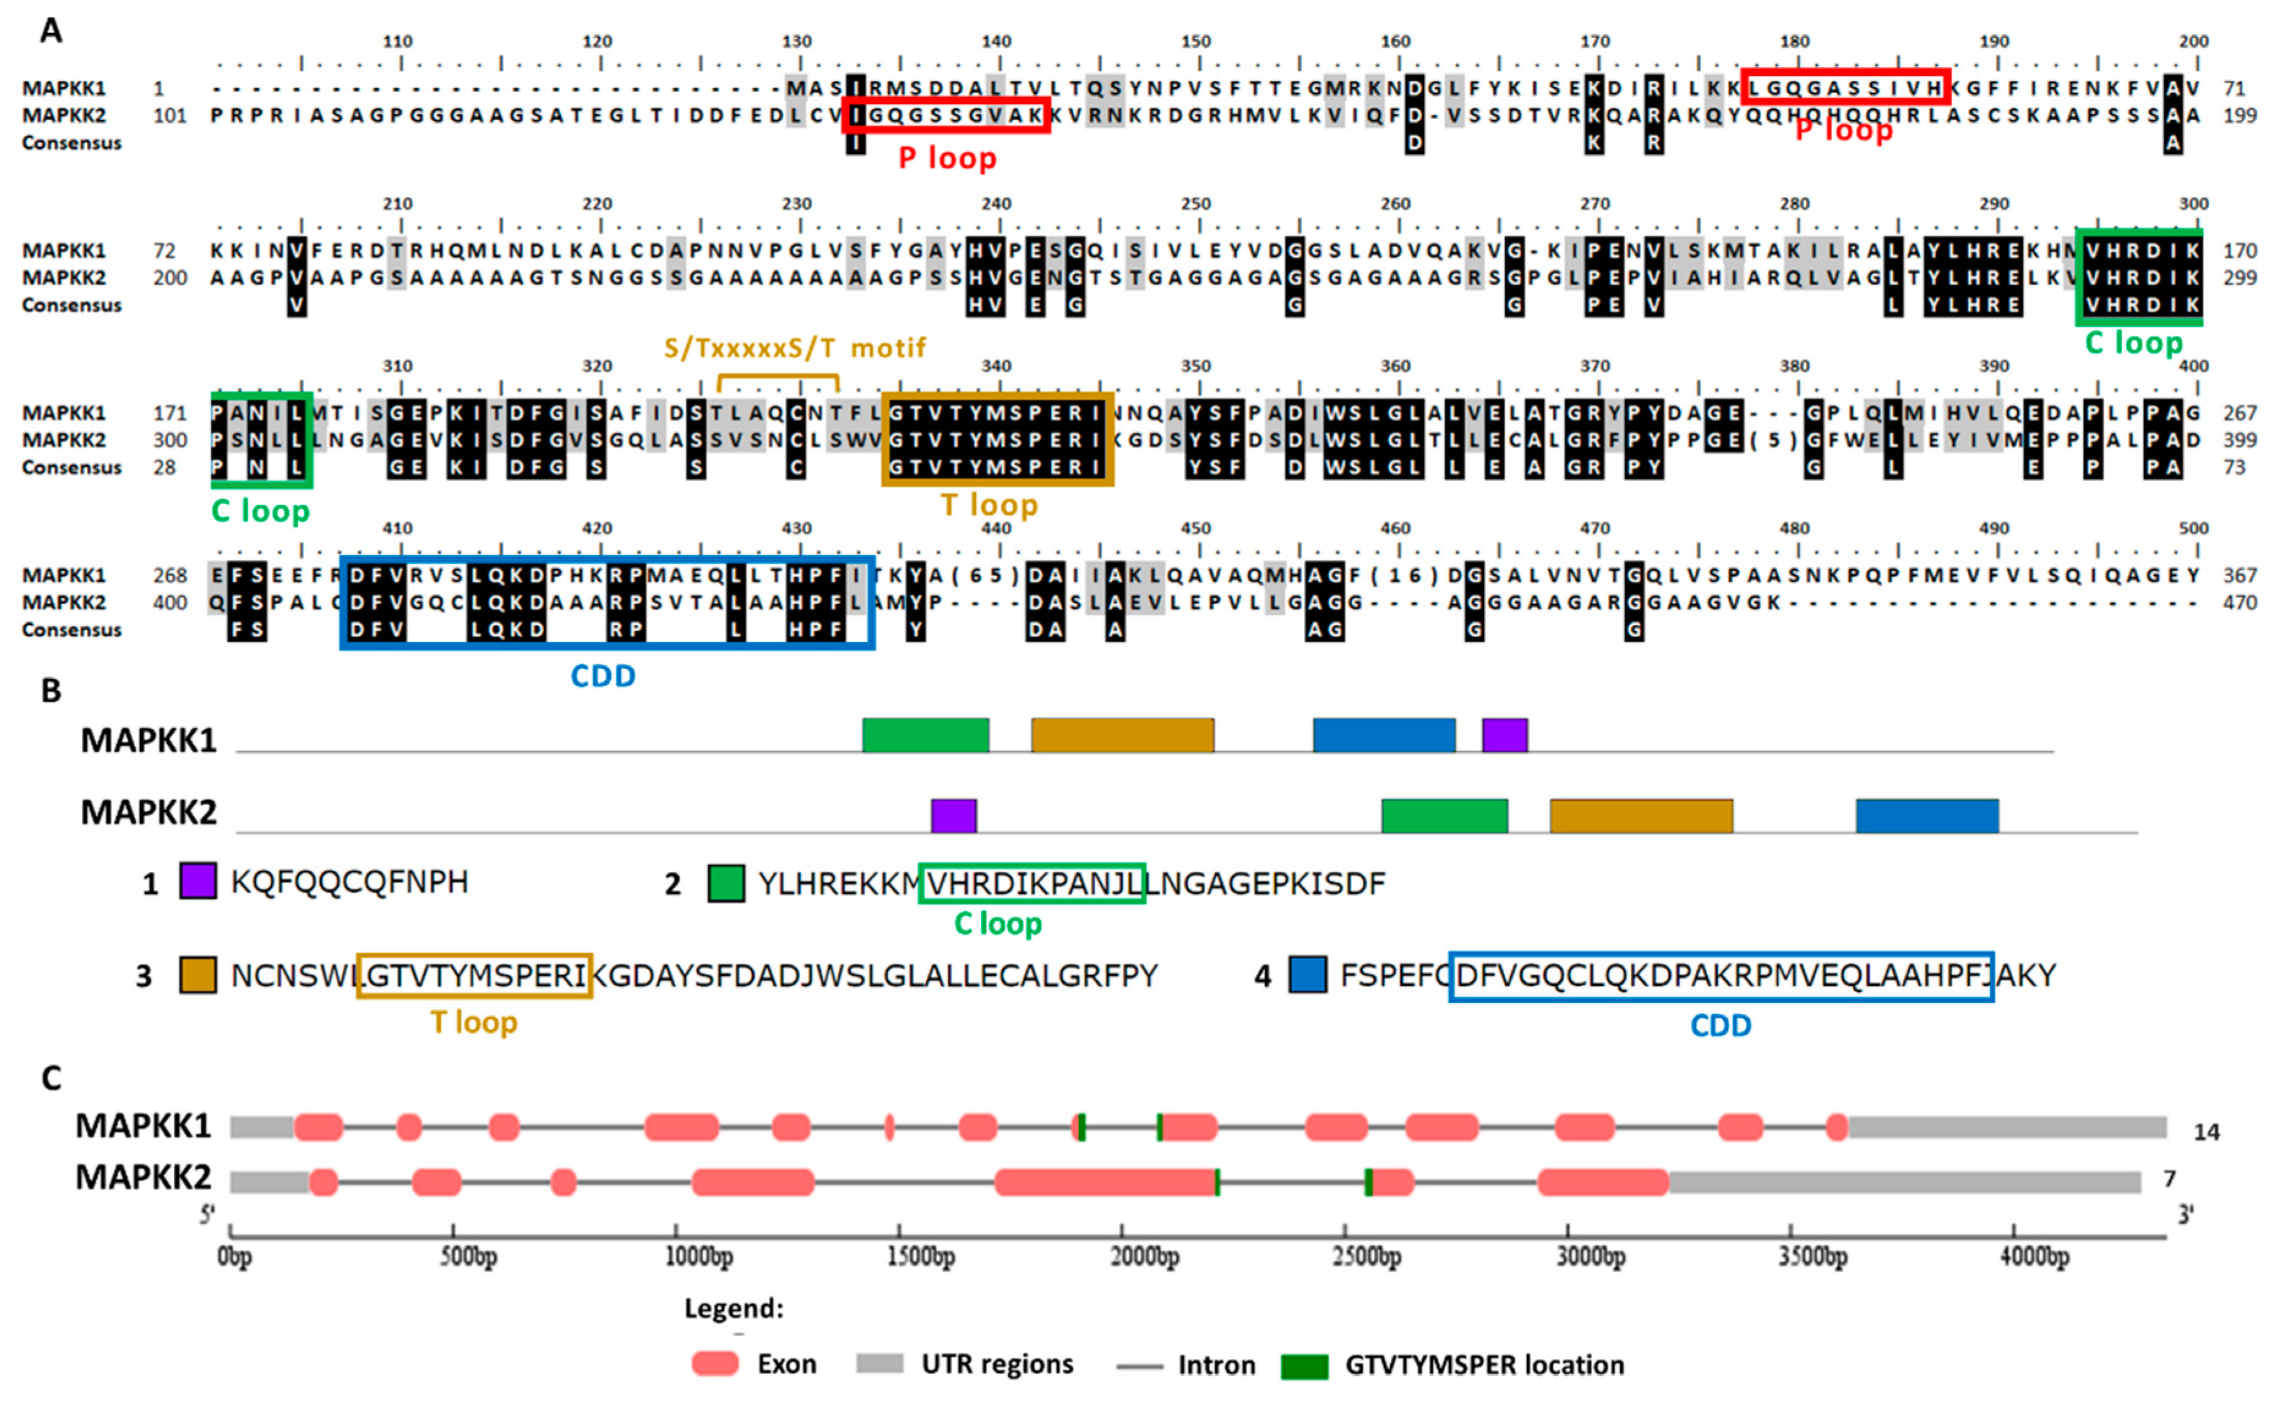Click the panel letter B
51,690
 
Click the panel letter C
51,1078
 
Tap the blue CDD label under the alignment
603,676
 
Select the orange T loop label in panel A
989,505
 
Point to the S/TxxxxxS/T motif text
794,348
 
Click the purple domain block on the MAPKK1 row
1504,735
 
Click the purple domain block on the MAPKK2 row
953,815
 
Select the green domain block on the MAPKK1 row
926,735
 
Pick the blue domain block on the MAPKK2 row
1927,815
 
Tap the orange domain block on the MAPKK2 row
1641,815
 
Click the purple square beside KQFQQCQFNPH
198,881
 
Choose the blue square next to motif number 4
1307,975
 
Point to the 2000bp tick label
1145,1257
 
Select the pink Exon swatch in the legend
715,1364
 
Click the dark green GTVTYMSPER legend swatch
1304,1366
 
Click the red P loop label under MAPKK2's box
947,159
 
